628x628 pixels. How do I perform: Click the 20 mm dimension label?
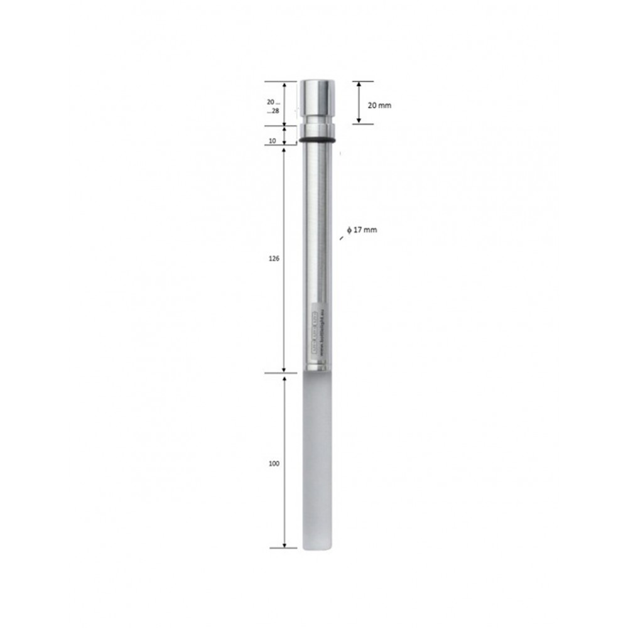379,106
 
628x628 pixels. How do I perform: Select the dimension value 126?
273,258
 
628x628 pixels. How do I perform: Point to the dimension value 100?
273,463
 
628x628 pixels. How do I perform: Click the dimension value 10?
272,141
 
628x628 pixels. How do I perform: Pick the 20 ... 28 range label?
273,106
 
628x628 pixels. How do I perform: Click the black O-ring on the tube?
317,139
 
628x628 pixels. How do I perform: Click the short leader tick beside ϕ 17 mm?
342,236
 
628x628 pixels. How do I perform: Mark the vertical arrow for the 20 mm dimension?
359,102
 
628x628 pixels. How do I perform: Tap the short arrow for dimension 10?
284,134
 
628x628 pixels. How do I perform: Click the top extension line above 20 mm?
362,81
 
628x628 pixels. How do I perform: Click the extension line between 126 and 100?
280,374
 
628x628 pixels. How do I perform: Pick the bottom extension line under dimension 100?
283,548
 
